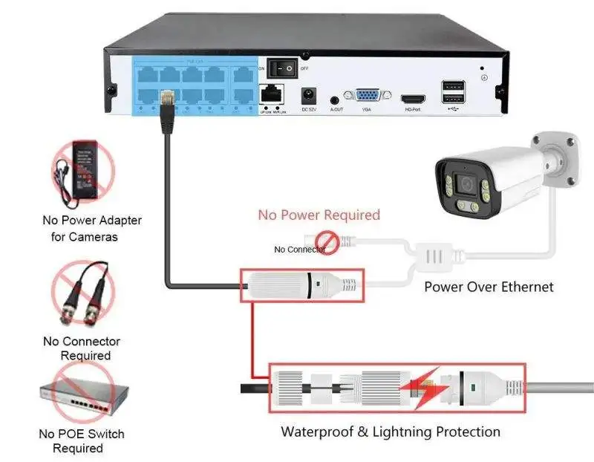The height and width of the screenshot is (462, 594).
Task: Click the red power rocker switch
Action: (x=282, y=68)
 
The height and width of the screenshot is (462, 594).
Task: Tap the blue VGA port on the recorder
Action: (x=366, y=96)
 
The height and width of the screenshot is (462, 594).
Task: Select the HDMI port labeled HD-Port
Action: (x=413, y=98)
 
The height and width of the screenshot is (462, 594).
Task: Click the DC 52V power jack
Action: (x=308, y=96)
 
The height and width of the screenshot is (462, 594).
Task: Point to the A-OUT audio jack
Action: (x=336, y=98)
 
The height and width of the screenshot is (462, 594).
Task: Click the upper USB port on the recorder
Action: (x=454, y=85)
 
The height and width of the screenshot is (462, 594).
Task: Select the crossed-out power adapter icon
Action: (x=81, y=175)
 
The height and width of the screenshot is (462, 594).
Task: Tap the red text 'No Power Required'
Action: (x=319, y=215)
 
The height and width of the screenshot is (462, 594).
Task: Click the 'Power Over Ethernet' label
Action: (x=489, y=287)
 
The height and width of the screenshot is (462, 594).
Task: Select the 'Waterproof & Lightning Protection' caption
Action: (x=390, y=432)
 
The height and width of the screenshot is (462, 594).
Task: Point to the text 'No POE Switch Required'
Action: (x=81, y=440)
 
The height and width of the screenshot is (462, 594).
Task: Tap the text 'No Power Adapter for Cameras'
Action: (x=91, y=228)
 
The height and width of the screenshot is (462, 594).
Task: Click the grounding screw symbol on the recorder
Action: (x=484, y=77)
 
